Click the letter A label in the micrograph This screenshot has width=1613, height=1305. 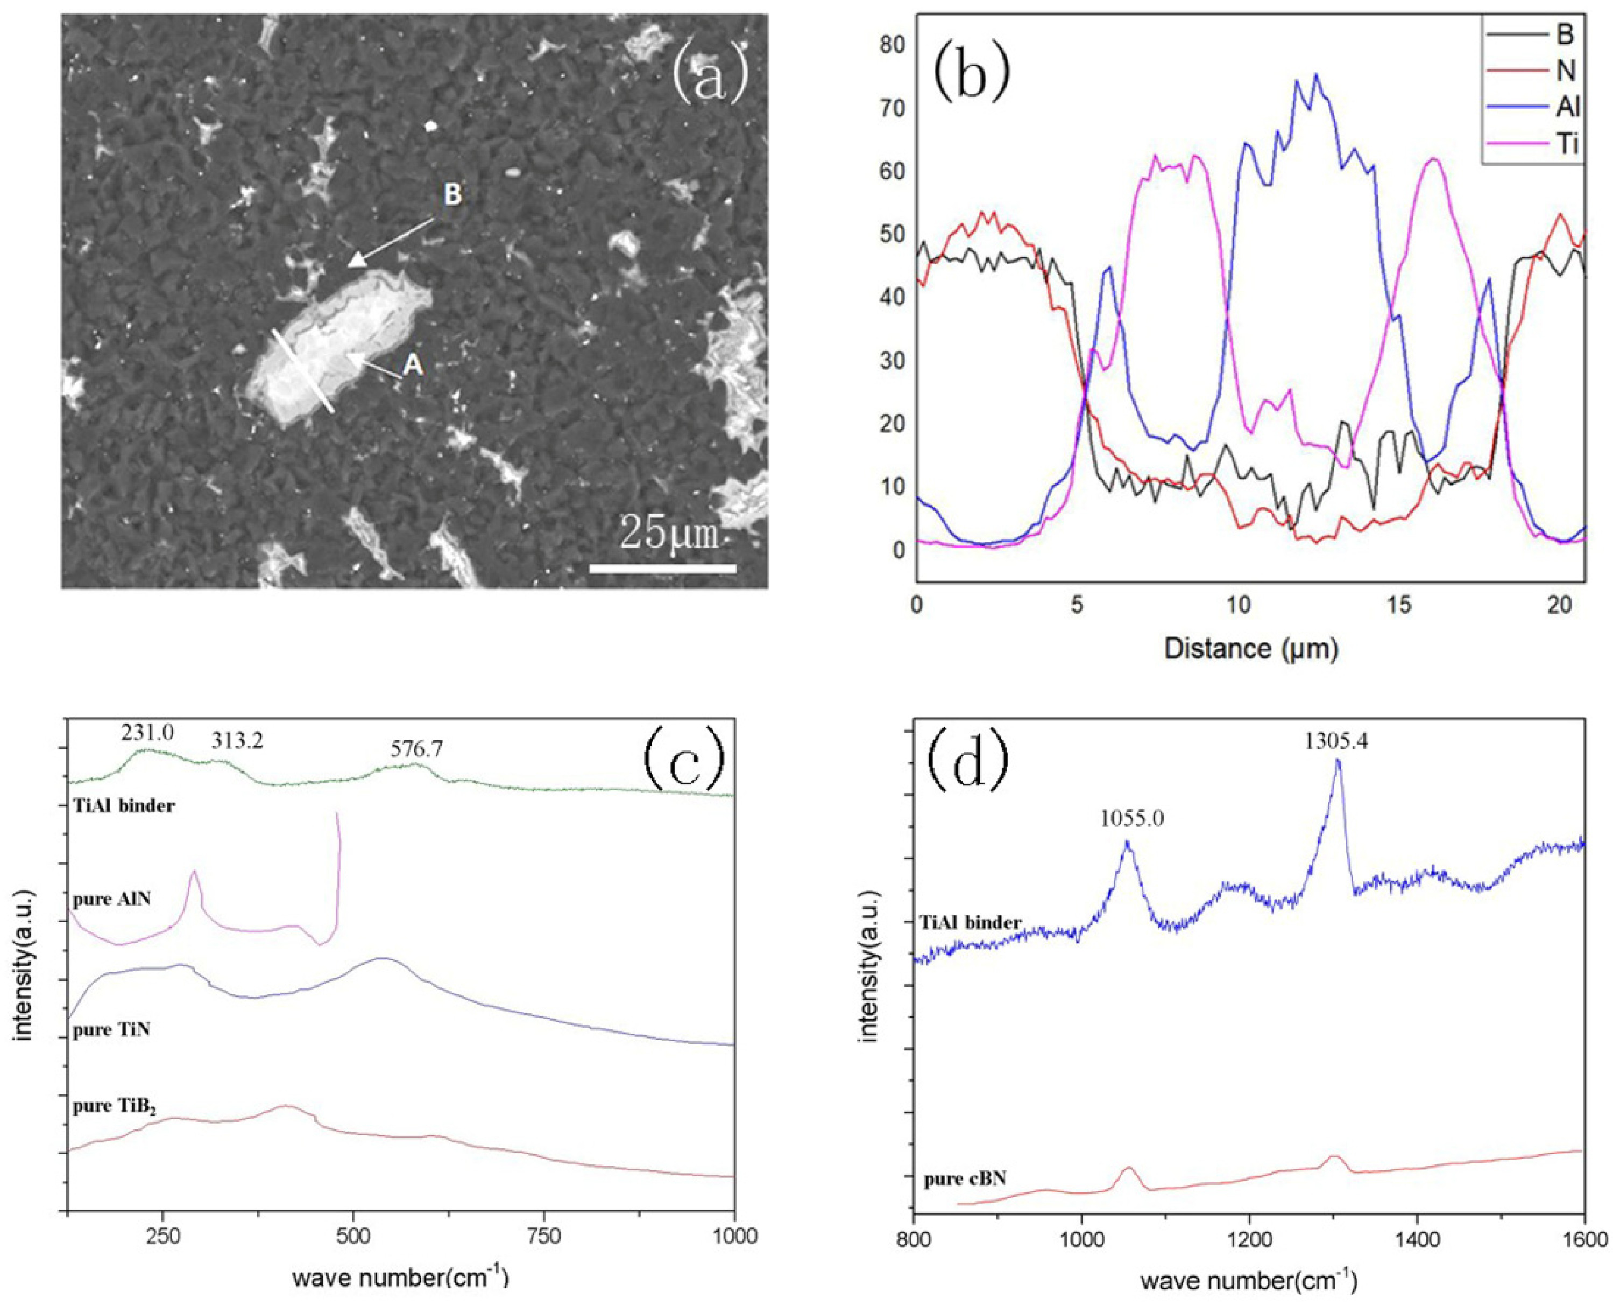click(413, 366)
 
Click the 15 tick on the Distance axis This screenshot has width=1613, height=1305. click(1399, 605)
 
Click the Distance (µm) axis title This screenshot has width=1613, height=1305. click(1251, 649)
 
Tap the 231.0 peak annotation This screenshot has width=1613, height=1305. click(147, 732)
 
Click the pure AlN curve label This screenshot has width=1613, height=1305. click(112, 899)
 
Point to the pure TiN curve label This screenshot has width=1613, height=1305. click(111, 1029)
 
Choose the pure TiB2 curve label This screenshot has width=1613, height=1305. click(115, 1107)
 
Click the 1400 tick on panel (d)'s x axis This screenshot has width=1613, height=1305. click(1417, 1263)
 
